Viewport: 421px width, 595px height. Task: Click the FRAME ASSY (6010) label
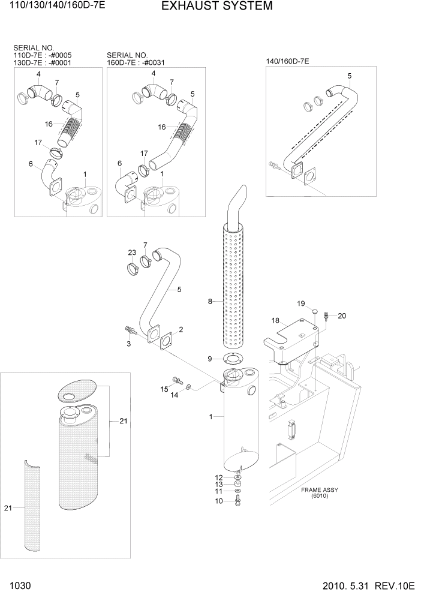320,493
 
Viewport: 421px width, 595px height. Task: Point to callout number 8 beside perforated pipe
210,302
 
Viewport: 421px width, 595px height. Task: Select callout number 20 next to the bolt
342,316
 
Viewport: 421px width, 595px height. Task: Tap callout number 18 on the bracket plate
275,321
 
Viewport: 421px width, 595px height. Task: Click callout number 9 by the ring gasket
210,359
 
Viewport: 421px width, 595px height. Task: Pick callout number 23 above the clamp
132,252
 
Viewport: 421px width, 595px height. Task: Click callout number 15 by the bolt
164,389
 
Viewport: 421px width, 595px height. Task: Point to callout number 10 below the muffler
219,500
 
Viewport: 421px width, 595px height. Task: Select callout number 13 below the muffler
219,484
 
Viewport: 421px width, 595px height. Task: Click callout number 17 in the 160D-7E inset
144,154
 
